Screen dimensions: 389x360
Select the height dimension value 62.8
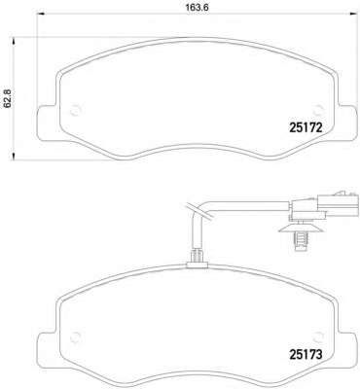pyautogui.click(x=9, y=97)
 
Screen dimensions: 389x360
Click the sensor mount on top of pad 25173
pyautogui.click(x=195, y=258)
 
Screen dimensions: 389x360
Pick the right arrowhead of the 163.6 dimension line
pyautogui.click(x=331, y=19)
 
